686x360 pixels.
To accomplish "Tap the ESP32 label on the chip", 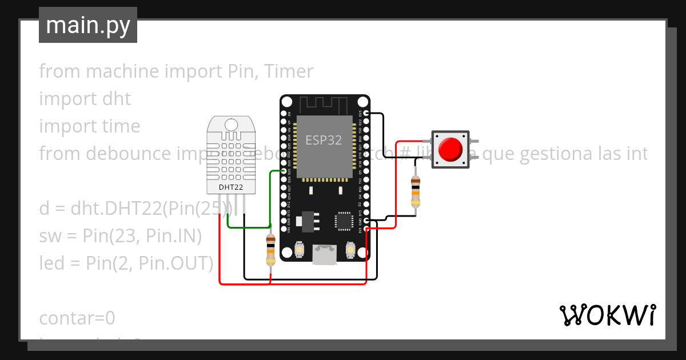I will [x=324, y=140].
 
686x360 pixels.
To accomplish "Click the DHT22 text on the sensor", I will [x=230, y=187].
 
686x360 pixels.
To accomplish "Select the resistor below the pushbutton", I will [x=416, y=191].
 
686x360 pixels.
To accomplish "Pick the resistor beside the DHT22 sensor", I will [x=271, y=250].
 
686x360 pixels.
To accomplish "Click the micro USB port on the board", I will [x=324, y=255].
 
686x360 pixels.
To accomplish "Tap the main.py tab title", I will [x=88, y=25].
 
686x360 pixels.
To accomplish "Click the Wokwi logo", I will [x=607, y=315].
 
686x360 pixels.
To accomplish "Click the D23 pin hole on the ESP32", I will [x=365, y=114].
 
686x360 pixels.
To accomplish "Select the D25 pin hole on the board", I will [x=284, y=171].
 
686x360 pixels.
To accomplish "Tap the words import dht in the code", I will [x=85, y=99].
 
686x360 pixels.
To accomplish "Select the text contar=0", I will [x=77, y=318].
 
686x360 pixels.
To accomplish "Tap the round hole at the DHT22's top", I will [x=231, y=124].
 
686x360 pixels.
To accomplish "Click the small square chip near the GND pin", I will [x=344, y=221].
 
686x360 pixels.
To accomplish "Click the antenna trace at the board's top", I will [x=324, y=105].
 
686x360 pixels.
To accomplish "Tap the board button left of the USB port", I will [x=300, y=250].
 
